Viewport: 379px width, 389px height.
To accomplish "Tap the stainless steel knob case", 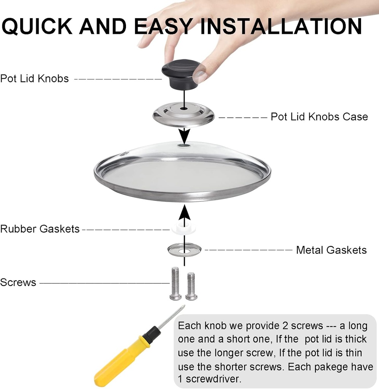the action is tap(183, 114).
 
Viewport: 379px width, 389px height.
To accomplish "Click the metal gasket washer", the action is tap(184, 250).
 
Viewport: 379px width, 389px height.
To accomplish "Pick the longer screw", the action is tap(175, 283).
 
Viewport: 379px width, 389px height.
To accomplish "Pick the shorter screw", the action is tap(191, 286).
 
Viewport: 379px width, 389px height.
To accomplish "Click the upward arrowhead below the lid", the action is tap(184, 212).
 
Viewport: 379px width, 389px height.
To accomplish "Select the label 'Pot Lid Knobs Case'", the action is tap(319, 117).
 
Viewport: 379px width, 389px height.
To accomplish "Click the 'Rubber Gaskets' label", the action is tap(40, 229).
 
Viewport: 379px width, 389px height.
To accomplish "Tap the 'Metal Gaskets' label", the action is tap(331, 250).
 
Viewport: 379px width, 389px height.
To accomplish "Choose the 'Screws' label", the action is tap(18, 282).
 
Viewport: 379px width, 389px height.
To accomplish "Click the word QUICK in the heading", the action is tap(37, 26).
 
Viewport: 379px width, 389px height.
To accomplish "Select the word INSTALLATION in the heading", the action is tap(281, 26).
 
